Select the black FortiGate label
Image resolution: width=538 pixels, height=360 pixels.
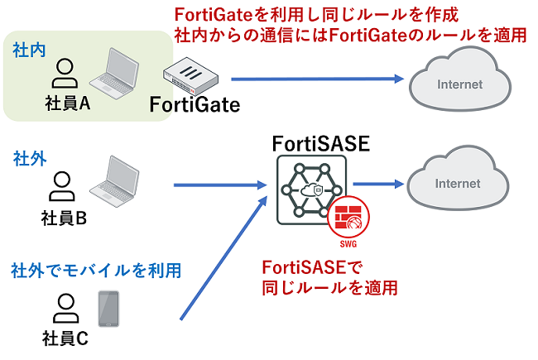pyautogui.click(x=195, y=105)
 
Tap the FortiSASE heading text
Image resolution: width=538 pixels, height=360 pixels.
pyautogui.click(x=320, y=145)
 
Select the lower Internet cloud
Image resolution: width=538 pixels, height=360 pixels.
pyautogui.click(x=457, y=183)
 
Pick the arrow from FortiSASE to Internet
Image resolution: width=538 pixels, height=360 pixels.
pyautogui.click(x=377, y=184)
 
